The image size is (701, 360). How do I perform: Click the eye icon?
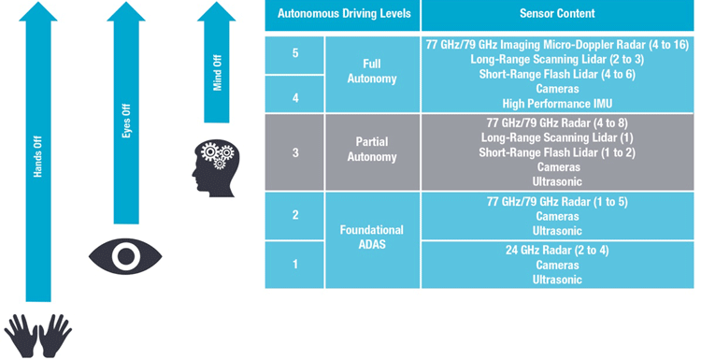coord(126,253)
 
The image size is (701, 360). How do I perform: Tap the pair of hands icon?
coord(38,334)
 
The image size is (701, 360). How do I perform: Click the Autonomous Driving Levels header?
coord(342,14)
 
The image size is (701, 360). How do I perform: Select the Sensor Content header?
coord(557,14)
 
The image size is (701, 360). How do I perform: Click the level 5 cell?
coord(295,54)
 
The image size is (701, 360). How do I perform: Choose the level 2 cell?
coord(295,215)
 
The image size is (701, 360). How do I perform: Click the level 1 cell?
coord(295,264)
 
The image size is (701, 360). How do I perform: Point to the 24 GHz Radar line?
coord(557,251)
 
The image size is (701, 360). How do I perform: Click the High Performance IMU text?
coord(557,103)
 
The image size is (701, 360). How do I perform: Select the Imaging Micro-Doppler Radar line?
coord(557,45)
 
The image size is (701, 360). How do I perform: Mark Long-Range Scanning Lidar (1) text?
coord(557,137)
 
